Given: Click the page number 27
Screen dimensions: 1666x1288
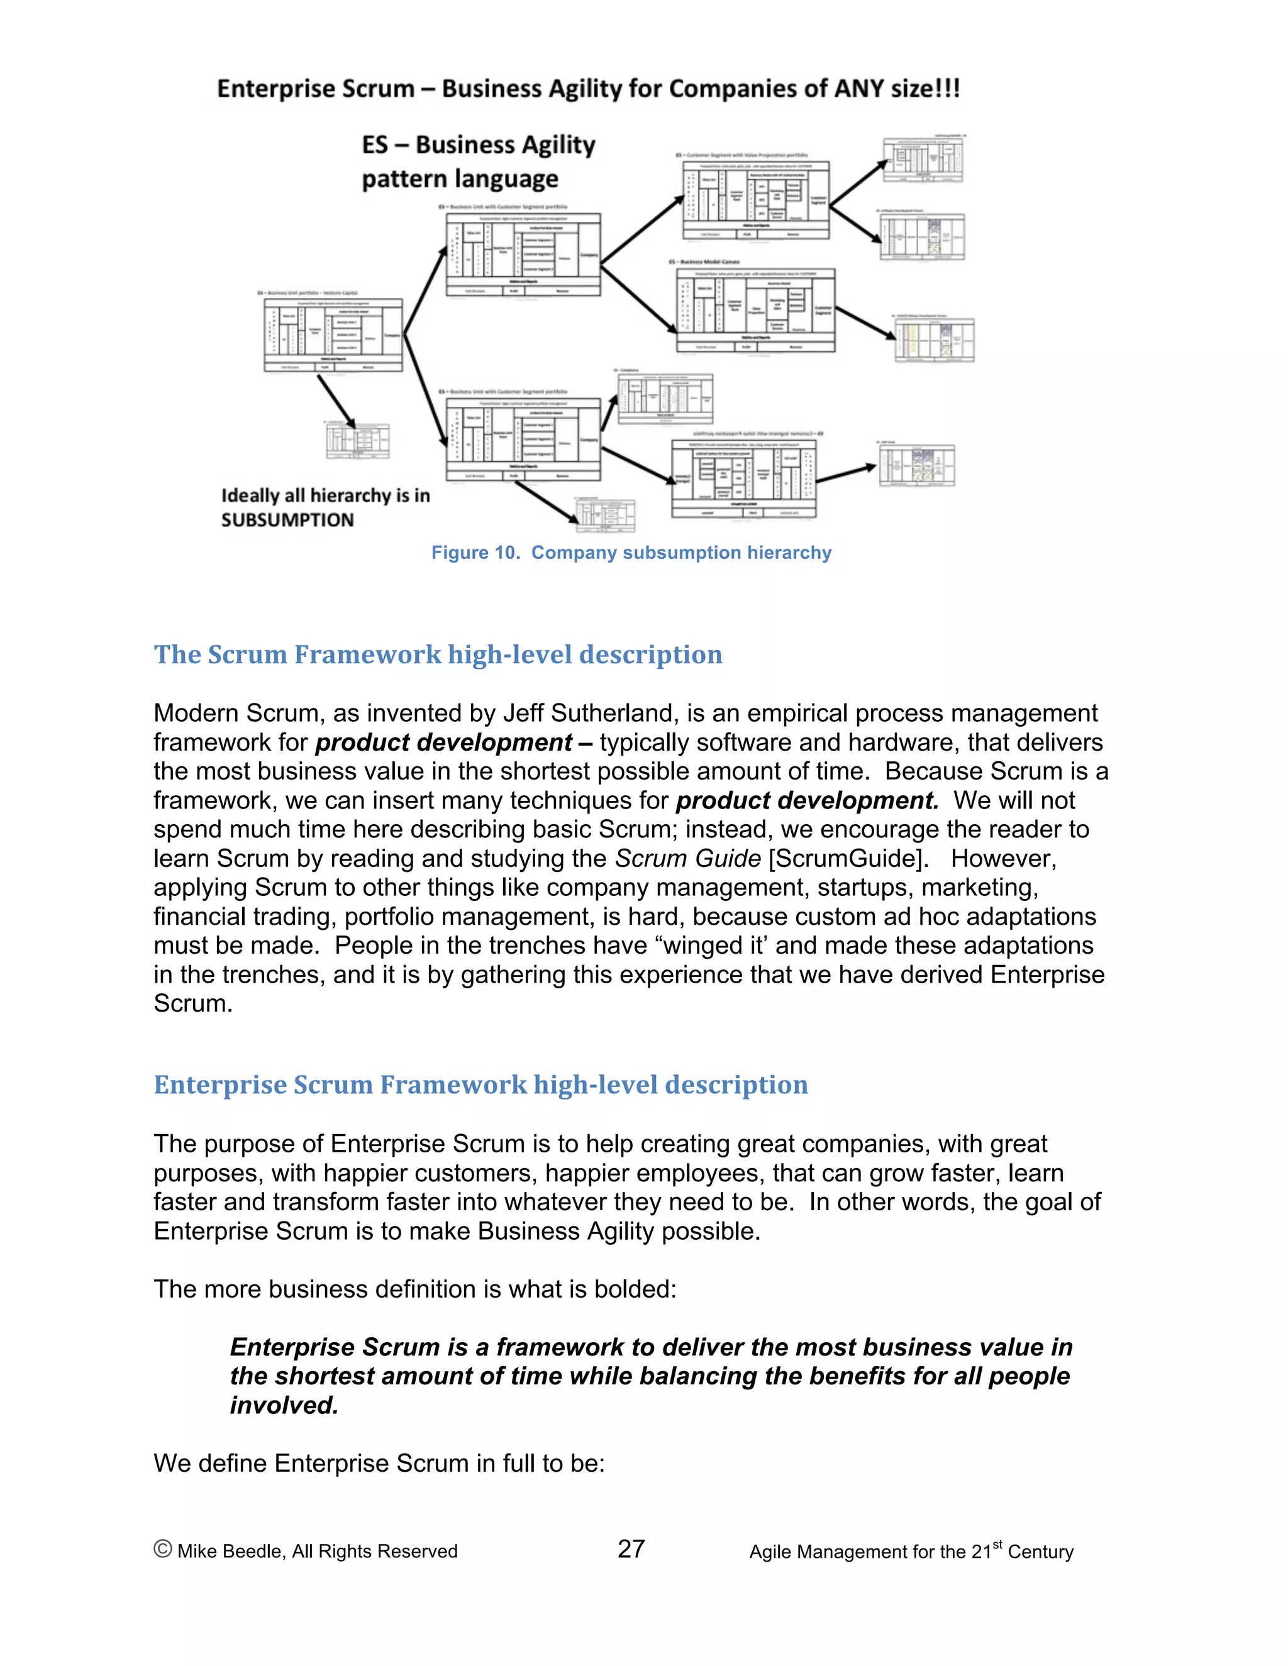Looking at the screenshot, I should (631, 1548).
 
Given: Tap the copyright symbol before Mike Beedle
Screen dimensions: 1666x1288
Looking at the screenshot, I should (162, 1548).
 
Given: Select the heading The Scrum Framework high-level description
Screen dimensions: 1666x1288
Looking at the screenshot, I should (438, 654).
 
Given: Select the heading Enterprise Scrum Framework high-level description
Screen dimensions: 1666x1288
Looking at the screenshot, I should (480, 1084).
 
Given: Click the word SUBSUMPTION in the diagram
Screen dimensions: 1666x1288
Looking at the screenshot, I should (287, 521).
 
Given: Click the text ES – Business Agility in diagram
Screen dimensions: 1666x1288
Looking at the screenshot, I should (479, 145).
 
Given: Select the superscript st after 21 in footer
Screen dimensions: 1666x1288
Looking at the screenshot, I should (997, 1544).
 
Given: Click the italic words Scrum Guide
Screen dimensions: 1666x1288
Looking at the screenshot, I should (687, 858).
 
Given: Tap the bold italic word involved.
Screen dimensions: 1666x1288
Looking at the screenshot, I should (284, 1405).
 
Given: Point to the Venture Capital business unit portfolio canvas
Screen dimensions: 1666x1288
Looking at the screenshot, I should (333, 335).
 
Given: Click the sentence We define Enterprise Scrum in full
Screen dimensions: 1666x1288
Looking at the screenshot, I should (379, 1463).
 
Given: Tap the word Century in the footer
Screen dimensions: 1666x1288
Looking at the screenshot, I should (1040, 1552).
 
